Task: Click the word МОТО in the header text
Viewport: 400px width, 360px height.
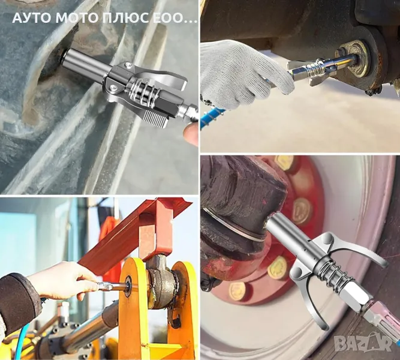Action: (77, 17)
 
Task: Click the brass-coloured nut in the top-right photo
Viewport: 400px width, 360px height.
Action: (353, 59)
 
